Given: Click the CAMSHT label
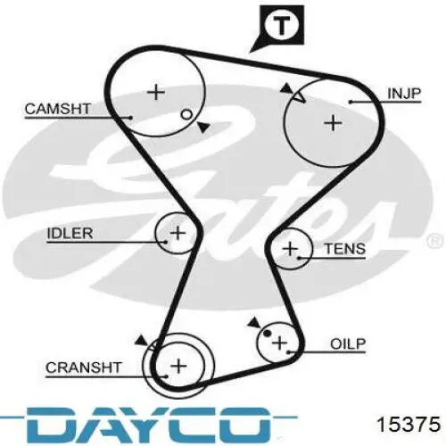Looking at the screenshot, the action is click(x=58, y=109).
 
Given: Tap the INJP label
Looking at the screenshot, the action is click(x=404, y=94).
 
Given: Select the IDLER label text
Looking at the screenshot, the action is click(x=70, y=234).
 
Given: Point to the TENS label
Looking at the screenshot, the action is click(x=345, y=249).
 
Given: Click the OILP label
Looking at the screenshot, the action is click(x=348, y=344).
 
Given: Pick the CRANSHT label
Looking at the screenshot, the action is click(x=83, y=368).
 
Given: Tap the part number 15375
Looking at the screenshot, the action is click(x=409, y=424).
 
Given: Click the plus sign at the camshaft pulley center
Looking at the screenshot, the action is click(x=156, y=92).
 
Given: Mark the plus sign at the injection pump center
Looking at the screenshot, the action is click(x=333, y=123).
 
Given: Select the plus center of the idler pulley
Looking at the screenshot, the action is click(x=178, y=233).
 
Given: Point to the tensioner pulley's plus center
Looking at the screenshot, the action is click(x=290, y=249).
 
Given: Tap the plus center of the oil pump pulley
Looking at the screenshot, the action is click(x=279, y=343).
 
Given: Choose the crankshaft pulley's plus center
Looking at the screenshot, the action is click(x=179, y=366).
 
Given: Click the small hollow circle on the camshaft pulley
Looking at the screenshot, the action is click(x=186, y=114).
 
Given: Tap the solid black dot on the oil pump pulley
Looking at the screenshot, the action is click(x=268, y=334).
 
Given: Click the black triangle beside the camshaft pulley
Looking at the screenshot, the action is click(x=203, y=128).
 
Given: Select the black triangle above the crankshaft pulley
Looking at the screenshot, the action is click(x=141, y=341).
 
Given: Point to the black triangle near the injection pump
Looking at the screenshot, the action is click(x=287, y=88).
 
